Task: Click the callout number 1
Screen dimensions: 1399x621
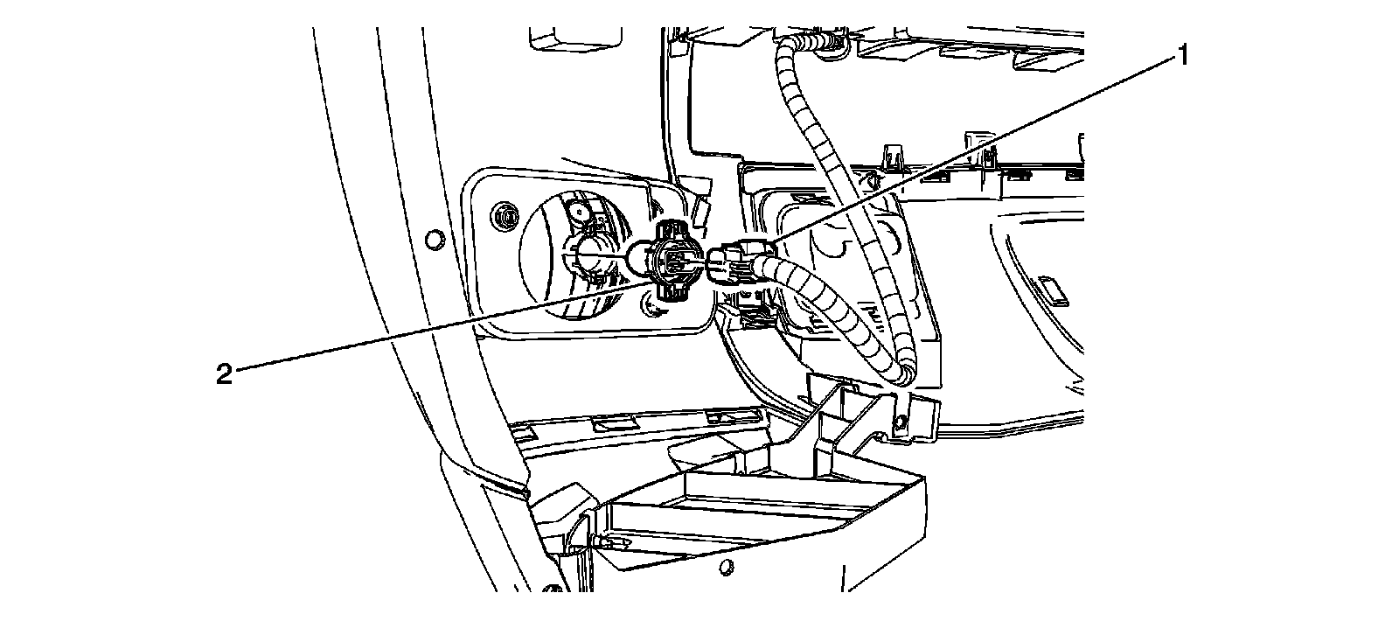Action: tap(1181, 58)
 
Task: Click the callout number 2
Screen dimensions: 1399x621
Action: tap(224, 375)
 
